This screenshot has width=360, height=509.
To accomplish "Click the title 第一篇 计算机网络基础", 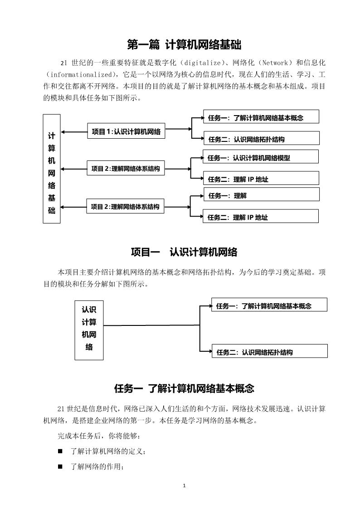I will click(x=184, y=44).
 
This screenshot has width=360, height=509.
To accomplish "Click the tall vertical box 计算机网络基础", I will click(x=52, y=169).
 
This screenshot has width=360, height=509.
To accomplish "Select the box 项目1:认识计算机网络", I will click(x=126, y=131).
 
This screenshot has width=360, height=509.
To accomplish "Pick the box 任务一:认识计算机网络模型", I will click(x=260, y=157).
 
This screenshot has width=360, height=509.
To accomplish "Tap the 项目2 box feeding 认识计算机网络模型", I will click(x=126, y=169).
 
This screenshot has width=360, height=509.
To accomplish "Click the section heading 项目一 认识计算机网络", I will click(x=184, y=252).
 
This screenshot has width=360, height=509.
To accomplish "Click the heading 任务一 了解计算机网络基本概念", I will click(x=184, y=388).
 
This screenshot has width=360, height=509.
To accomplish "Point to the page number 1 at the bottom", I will click(x=184, y=486).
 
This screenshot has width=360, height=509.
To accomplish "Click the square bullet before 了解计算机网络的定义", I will click(x=60, y=451).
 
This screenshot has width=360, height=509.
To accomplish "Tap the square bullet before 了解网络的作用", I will click(x=60, y=467).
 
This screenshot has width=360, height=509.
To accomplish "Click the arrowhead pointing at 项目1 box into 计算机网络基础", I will click(x=63, y=132).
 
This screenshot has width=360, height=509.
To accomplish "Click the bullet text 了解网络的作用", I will click(x=97, y=467).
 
